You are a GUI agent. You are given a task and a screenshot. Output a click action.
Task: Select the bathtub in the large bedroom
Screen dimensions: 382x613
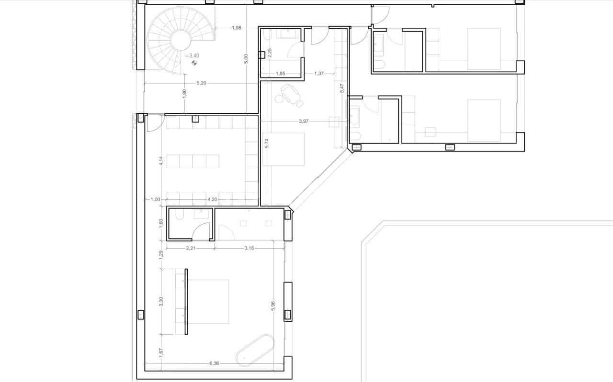pyautogui.click(x=255, y=350)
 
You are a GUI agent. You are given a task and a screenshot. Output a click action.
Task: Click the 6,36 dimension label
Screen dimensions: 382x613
pyautogui.click(x=214, y=363)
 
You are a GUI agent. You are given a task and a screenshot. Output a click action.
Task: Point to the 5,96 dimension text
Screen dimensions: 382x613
pyautogui.click(x=273, y=306)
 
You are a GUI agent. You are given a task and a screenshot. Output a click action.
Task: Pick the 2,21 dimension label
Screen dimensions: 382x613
pyautogui.click(x=190, y=248)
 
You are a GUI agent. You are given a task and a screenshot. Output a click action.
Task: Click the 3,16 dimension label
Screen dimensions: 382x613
pyautogui.click(x=249, y=248)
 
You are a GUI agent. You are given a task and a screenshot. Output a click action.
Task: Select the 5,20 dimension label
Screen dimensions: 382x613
pyautogui.click(x=202, y=83)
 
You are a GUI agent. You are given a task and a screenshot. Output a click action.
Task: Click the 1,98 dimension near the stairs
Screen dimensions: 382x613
pyautogui.click(x=236, y=28)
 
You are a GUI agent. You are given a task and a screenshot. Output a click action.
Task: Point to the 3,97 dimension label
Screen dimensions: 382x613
pyautogui.click(x=303, y=121)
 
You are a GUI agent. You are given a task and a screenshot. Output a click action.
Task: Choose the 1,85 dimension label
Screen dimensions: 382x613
pyautogui.click(x=281, y=74)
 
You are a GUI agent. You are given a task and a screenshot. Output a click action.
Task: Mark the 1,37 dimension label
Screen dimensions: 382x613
pyautogui.click(x=319, y=74)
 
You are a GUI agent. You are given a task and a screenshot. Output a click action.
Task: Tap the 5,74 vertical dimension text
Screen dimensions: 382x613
pyautogui.click(x=267, y=143)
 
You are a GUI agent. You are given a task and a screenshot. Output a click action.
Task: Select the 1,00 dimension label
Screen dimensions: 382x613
pyautogui.click(x=155, y=199)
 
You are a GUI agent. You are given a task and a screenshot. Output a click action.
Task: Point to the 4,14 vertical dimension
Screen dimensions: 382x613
pyautogui.click(x=161, y=161)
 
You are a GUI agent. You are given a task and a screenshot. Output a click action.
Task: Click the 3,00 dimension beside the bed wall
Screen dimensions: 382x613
pyautogui.click(x=161, y=302)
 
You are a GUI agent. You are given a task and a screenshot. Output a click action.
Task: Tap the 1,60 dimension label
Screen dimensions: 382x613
pyautogui.click(x=161, y=223)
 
